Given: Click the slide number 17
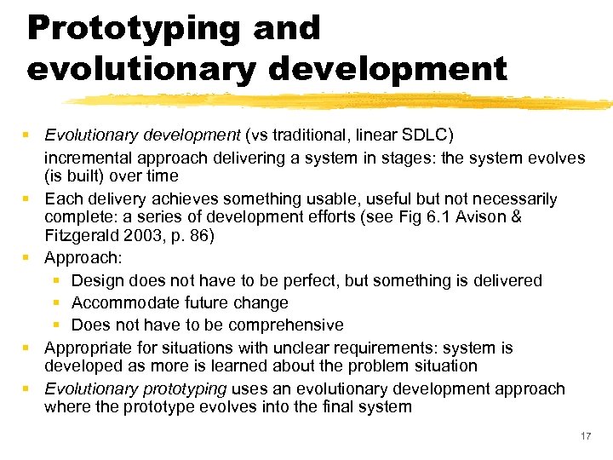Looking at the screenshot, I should tap(585, 436).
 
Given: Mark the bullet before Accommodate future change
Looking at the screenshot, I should tap(56, 302).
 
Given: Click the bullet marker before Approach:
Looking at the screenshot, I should tap(28, 258).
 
